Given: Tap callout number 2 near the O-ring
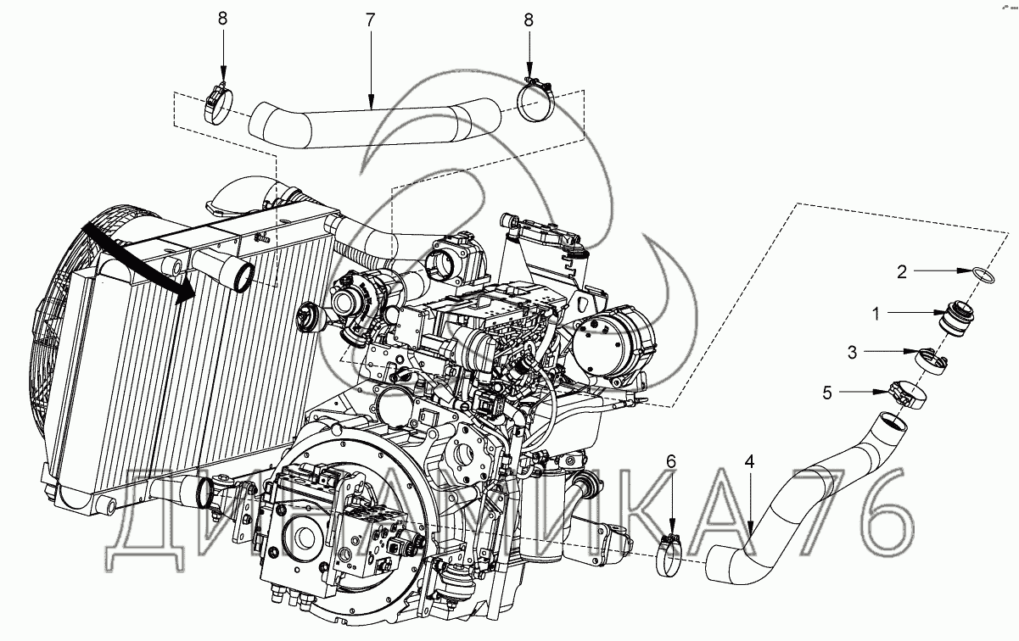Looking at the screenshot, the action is (904, 271).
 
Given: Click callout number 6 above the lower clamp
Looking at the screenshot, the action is (671, 462).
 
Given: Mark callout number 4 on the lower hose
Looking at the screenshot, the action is (749, 462).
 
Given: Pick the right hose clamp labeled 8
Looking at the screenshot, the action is (537, 100).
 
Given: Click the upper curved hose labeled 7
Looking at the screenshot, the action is (373, 123).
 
